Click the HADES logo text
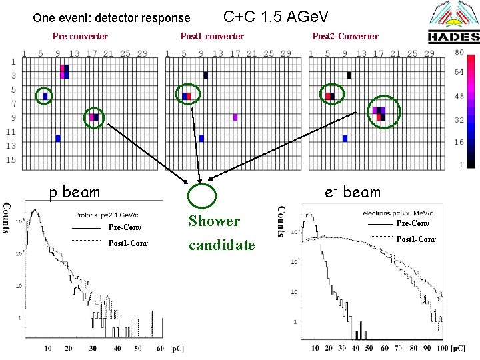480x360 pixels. (453, 37)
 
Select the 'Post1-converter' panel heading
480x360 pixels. (212, 36)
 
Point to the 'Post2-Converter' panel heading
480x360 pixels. (345, 36)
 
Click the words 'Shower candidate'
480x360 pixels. (221, 233)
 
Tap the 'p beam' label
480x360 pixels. (74, 193)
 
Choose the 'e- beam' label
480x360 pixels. (353, 193)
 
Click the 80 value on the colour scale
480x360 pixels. (459, 52)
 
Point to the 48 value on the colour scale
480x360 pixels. (459, 96)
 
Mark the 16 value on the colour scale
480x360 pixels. (459, 142)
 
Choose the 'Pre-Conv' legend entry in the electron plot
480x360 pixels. (413, 223)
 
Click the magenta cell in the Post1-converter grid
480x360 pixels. (235, 117)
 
